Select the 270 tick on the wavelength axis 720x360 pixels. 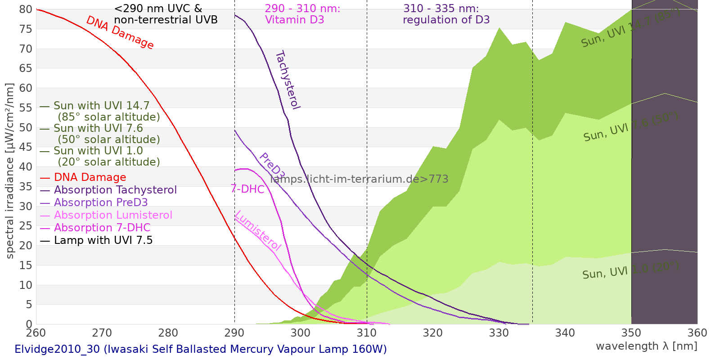tap(102, 333)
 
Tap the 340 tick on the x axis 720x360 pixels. tap(565, 333)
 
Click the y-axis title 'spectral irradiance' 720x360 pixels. tap(10, 171)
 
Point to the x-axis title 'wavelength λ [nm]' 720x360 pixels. tap(647, 346)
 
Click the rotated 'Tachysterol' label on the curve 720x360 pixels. tap(288, 80)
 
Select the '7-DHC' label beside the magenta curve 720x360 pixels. tap(247, 189)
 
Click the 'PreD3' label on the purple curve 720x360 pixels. tap(272, 166)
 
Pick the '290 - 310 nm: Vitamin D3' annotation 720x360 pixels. tap(302, 14)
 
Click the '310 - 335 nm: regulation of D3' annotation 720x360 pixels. tap(446, 14)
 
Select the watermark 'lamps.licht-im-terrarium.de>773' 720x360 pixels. tap(359, 179)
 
